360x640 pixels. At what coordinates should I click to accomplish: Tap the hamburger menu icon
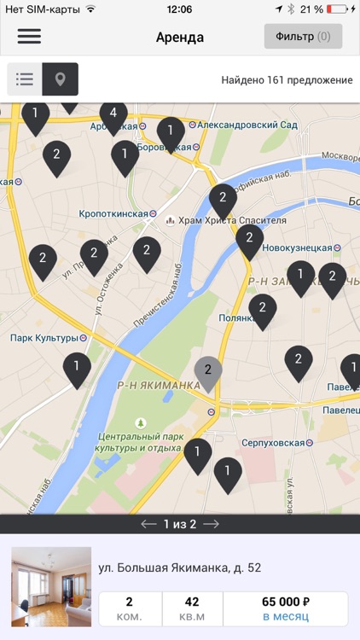point(29,37)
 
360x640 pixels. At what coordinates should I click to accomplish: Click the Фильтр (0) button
point(303,37)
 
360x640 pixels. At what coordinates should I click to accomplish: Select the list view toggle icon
point(25,79)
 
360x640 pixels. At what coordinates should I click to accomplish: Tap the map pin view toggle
point(61,79)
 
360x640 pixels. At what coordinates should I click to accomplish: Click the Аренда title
point(180,38)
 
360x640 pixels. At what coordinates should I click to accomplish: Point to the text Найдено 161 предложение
point(287,80)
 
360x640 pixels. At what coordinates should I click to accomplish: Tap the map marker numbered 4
point(113,114)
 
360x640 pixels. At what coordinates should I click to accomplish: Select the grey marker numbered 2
point(207,370)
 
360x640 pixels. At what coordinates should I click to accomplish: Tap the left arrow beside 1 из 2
point(148,524)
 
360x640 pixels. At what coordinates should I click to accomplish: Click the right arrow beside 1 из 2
point(211,524)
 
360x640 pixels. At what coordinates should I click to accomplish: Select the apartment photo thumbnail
point(51,587)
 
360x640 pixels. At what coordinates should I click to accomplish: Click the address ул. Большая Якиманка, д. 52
point(179,567)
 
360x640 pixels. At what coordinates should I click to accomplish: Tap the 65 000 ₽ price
point(285,602)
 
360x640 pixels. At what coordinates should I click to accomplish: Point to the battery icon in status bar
point(339,9)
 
